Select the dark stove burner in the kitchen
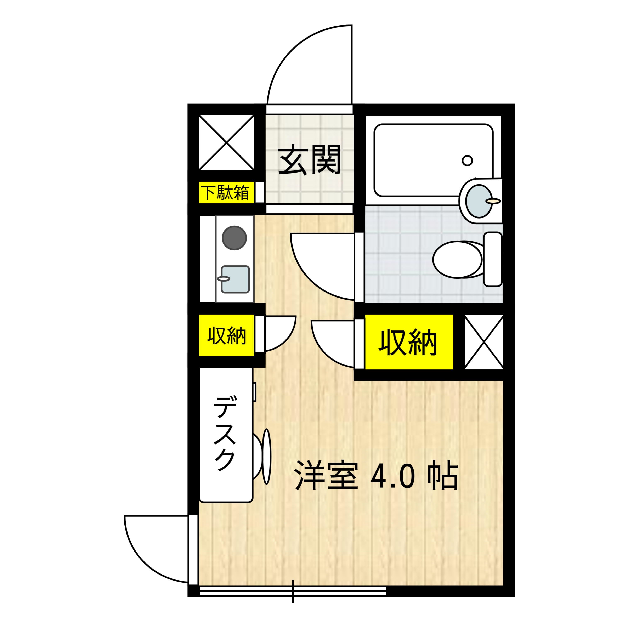pos(234,238)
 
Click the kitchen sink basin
pos(235,279)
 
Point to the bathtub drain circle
pos(467,160)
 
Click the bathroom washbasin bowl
pos(479,201)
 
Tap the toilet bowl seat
pos(457,259)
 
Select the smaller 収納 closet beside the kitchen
pos(226,336)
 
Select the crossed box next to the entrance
pos(226,143)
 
